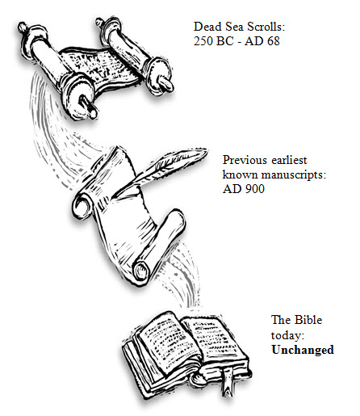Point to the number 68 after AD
tap(274, 41)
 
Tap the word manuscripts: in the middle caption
tap(294, 175)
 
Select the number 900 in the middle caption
tap(255, 189)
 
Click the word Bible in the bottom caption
tap(308, 320)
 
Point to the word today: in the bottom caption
tap(287, 335)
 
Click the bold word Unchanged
tap(303, 350)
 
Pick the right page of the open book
tap(216, 341)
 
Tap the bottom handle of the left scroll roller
tap(88, 107)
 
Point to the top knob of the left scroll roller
tap(22, 27)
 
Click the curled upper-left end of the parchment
tap(82, 206)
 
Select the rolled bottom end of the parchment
tap(141, 271)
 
